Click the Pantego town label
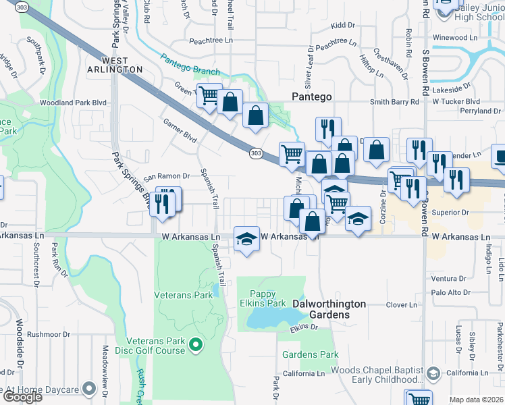(x=311, y=97)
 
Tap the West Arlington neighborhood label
(x=114, y=65)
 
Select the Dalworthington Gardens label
(x=329, y=309)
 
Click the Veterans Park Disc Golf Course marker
(x=196, y=346)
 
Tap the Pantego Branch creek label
(x=190, y=65)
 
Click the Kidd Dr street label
(x=343, y=25)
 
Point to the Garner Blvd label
(x=180, y=130)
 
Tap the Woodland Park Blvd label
(x=65, y=103)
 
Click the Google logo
(x=22, y=396)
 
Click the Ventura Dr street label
(x=445, y=278)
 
